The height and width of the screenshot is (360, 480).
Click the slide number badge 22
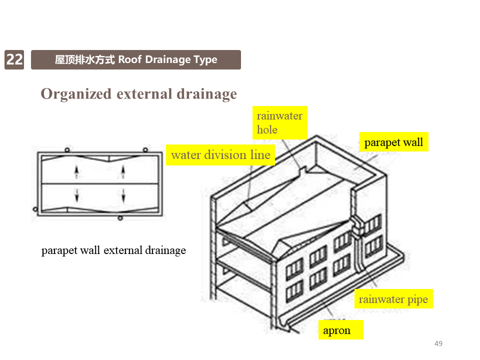(x=14, y=59)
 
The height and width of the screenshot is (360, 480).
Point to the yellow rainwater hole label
(x=279, y=123)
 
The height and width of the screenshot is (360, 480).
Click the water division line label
(x=220, y=155)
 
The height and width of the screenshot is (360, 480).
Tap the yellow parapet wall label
(x=393, y=142)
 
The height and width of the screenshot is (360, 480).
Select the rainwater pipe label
(x=393, y=299)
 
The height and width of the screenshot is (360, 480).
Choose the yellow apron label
(x=337, y=330)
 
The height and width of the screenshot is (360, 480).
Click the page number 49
(x=438, y=343)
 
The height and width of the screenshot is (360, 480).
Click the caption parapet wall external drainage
(x=113, y=250)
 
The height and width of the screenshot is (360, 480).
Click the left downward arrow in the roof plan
(x=76, y=195)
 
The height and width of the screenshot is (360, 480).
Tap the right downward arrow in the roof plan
(x=123, y=195)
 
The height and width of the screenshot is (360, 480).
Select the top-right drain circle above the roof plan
(x=145, y=150)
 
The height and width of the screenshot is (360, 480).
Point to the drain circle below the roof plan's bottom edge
(x=120, y=217)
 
